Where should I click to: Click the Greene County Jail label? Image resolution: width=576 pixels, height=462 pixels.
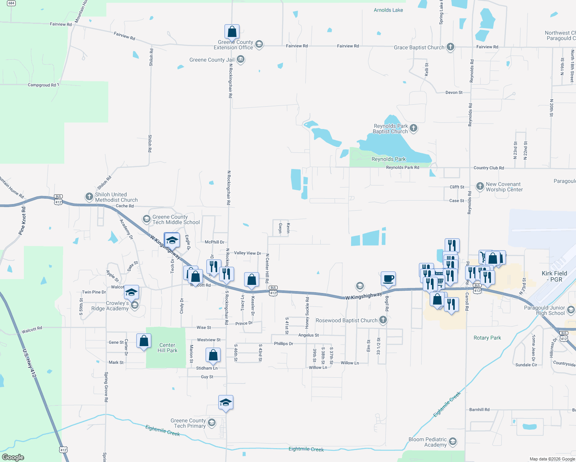pyautogui.click(x=212, y=60)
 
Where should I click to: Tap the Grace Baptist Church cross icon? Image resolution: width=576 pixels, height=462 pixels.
pyautogui.click(x=450, y=47)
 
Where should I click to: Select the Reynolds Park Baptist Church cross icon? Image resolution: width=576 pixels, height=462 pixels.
pyautogui.click(x=414, y=128)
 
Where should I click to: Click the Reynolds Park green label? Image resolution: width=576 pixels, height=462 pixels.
pyautogui.click(x=388, y=159)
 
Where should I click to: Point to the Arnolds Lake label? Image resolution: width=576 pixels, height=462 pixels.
pyautogui.click(x=388, y=10)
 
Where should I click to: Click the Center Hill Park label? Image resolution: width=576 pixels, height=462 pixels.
pyautogui.click(x=167, y=348)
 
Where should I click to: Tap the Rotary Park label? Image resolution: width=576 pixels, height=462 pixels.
pyautogui.click(x=487, y=338)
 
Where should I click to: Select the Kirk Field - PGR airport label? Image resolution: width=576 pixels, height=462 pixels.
pyautogui.click(x=554, y=276)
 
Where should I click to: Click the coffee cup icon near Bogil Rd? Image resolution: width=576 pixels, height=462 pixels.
pyautogui.click(x=388, y=278)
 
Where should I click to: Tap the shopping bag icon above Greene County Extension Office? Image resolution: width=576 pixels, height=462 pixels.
pyautogui.click(x=232, y=32)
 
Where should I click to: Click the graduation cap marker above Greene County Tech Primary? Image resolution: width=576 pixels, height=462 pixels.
pyautogui.click(x=226, y=403)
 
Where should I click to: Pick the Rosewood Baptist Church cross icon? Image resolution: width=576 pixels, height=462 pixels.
pyautogui.click(x=383, y=320)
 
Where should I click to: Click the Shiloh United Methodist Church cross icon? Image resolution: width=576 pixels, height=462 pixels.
pyautogui.click(x=89, y=197)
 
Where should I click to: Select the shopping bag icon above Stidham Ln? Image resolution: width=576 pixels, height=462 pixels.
pyautogui.click(x=213, y=355)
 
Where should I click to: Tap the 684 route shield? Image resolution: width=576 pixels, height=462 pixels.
pyautogui.click(x=12, y=3)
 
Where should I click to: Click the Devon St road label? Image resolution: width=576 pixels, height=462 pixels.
pyautogui.click(x=454, y=92)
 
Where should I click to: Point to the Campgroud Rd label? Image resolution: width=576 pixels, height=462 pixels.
pyautogui.click(x=42, y=85)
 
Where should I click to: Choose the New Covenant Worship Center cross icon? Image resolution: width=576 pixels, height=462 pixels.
pyautogui.click(x=480, y=186)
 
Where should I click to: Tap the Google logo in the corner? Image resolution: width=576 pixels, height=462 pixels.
pyautogui.click(x=13, y=457)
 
